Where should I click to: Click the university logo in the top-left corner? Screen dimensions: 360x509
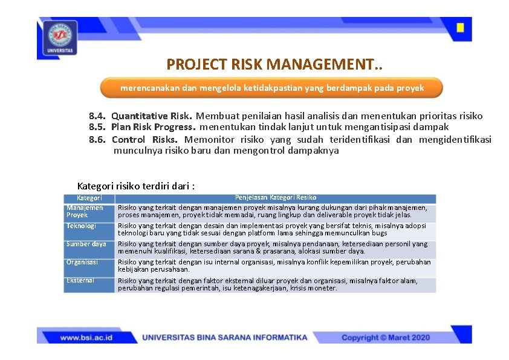pyautogui.click(x=59, y=38)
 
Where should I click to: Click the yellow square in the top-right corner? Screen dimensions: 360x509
pyautogui.click(x=460, y=28)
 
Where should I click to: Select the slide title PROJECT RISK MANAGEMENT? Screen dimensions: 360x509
pyautogui.click(x=274, y=64)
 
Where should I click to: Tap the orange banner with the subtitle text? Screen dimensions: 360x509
pyautogui.click(x=271, y=88)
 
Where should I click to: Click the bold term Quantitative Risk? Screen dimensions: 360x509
pyautogui.click(x=152, y=116)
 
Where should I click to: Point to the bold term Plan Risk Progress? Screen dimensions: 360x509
pyautogui.click(x=154, y=127)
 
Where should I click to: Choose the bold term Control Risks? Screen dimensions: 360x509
pyautogui.click(x=144, y=139)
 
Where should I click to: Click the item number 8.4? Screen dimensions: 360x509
pyautogui.click(x=97, y=116)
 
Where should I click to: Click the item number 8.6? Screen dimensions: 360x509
pyautogui.click(x=97, y=139)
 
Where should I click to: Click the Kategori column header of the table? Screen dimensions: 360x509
pyautogui.click(x=89, y=198)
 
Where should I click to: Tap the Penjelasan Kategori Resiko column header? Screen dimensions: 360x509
pyautogui.click(x=275, y=198)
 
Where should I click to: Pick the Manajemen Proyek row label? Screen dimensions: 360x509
pyautogui.click(x=85, y=211)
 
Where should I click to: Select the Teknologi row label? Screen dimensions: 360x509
pyautogui.click(x=81, y=226)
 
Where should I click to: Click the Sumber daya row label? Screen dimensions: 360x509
pyautogui.click(x=86, y=244)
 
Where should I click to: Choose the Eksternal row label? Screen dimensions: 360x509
pyautogui.click(x=80, y=280)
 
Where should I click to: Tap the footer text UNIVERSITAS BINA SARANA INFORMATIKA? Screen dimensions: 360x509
pyautogui.click(x=224, y=337)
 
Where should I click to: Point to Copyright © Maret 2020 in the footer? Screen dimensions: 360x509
pyautogui.click(x=386, y=337)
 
